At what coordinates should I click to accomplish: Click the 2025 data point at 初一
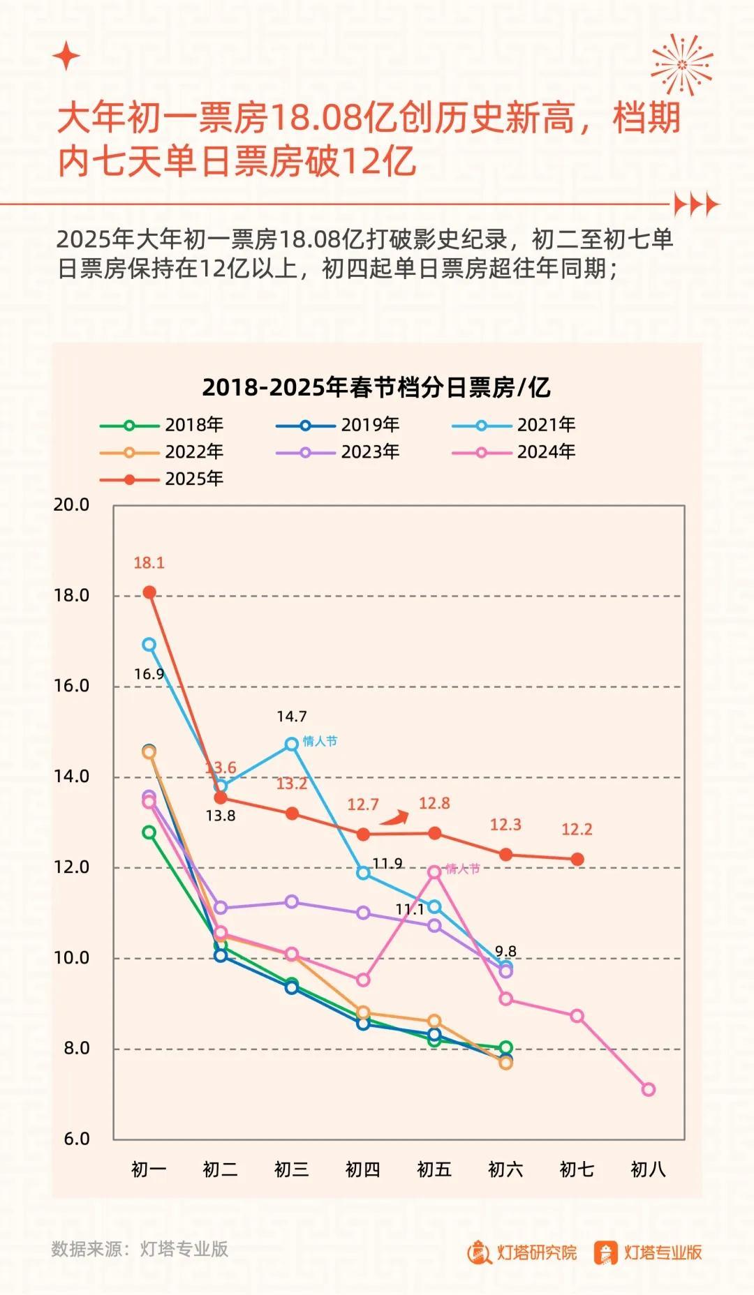pyautogui.click(x=149, y=592)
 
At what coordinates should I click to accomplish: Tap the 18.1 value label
pyautogui.click(x=149, y=563)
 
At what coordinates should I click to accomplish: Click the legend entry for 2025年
pyautogui.click(x=162, y=479)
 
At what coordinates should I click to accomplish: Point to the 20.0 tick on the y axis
pyautogui.click(x=72, y=504)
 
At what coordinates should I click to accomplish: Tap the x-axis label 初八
pyautogui.click(x=648, y=1170)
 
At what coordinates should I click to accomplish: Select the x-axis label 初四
pyautogui.click(x=362, y=1170)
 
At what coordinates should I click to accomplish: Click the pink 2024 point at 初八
pyautogui.click(x=648, y=1089)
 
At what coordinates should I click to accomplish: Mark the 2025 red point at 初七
pyautogui.click(x=577, y=859)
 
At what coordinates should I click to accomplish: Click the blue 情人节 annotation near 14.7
pyautogui.click(x=320, y=741)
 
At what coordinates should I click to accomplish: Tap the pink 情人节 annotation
pyautogui.click(x=463, y=869)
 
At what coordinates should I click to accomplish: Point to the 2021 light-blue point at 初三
pyautogui.click(x=291, y=744)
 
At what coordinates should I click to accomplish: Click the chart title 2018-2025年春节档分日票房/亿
pyautogui.click(x=376, y=387)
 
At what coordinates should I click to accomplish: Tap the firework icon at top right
pyautogui.click(x=681, y=65)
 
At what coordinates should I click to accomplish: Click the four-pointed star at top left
pyautogui.click(x=66, y=56)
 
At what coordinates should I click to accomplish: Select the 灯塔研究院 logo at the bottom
pyautogui.click(x=522, y=1252)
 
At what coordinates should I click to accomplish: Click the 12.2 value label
pyautogui.click(x=577, y=830)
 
